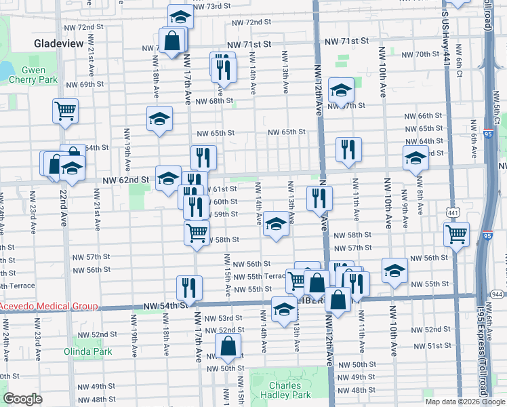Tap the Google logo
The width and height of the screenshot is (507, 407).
tap(22, 399)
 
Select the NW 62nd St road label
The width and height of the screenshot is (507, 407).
tap(125, 180)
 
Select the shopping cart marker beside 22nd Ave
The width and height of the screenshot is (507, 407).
tap(65, 111)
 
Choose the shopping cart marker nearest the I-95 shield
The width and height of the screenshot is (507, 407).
tap(457, 235)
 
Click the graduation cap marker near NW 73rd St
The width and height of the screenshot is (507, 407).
tap(180, 16)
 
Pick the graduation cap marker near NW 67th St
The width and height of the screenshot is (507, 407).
tap(341, 90)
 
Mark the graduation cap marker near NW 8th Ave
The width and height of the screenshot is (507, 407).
tap(416, 158)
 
